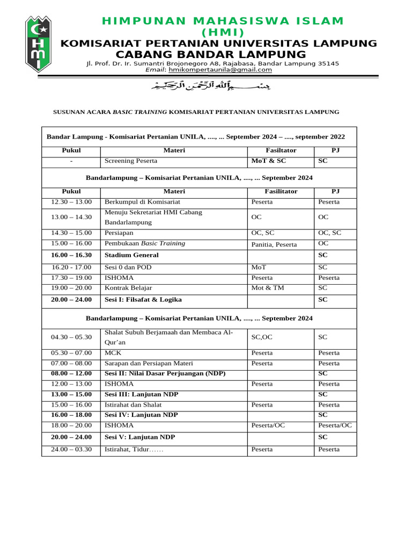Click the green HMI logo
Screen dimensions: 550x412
(x=39, y=44)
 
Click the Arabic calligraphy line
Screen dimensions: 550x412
(x=206, y=86)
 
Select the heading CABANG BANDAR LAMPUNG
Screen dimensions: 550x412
(x=211, y=55)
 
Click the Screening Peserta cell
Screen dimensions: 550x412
(x=131, y=161)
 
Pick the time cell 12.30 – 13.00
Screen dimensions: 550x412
(x=71, y=202)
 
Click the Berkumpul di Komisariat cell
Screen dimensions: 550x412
(x=142, y=202)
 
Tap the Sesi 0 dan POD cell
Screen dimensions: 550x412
(x=128, y=267)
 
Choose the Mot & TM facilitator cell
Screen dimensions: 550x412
(x=268, y=288)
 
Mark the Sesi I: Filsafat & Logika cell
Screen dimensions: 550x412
(x=143, y=300)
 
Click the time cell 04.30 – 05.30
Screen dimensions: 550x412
(x=71, y=337)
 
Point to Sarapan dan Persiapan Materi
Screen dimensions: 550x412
(x=149, y=364)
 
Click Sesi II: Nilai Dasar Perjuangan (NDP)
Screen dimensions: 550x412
(x=165, y=373)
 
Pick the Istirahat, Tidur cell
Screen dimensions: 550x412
(x=134, y=450)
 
